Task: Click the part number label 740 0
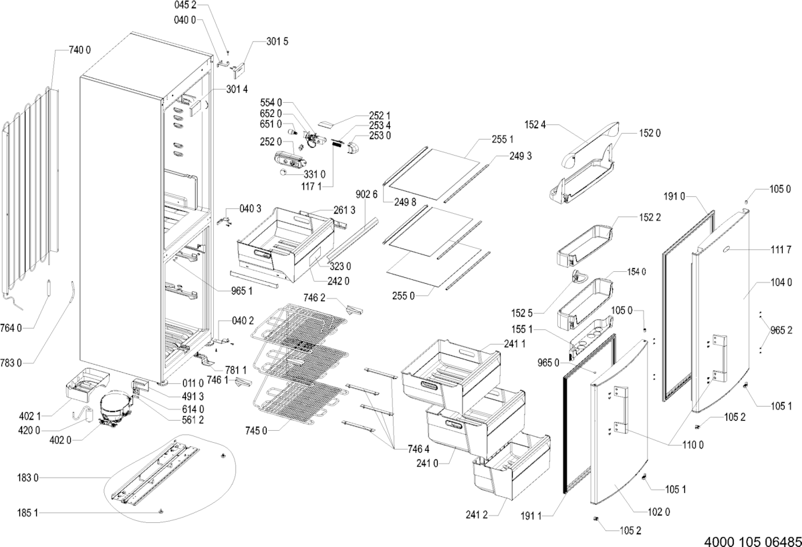(x=80, y=50)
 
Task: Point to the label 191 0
(x=675, y=197)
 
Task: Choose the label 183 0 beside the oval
(x=29, y=478)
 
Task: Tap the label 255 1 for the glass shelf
(x=502, y=140)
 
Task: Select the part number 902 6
(x=366, y=194)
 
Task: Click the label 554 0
(x=270, y=103)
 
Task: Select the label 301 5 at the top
(x=277, y=41)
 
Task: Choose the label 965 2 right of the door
(x=781, y=330)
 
